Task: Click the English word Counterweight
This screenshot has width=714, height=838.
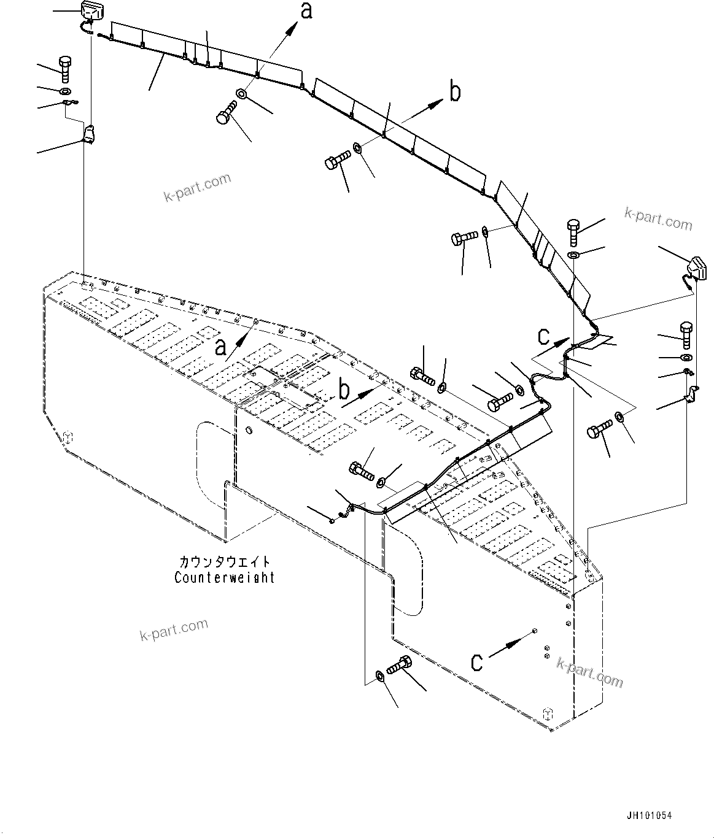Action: (225, 577)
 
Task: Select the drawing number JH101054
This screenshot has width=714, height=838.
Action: (650, 816)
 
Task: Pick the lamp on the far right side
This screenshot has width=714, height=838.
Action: (695, 267)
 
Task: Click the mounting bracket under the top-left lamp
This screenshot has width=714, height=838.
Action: (90, 134)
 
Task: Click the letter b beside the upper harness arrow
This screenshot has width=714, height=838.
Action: (454, 93)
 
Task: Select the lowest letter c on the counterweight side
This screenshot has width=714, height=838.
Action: (477, 661)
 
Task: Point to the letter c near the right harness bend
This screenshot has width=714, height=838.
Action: (544, 336)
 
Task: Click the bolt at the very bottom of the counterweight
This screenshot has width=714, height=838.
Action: (399, 665)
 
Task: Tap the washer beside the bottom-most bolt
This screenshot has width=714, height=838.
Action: (379, 676)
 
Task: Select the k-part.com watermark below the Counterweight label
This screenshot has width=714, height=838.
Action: (174, 629)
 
